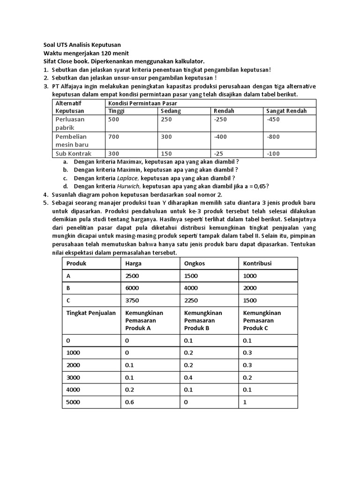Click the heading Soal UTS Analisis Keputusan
(82, 45)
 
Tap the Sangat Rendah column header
(286, 111)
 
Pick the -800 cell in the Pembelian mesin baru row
(273, 136)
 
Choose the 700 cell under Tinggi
(114, 136)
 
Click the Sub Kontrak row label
(74, 153)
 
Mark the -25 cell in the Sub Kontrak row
(219, 153)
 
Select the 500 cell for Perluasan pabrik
(114, 120)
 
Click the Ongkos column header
(195, 263)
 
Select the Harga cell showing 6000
(132, 288)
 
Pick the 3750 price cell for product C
(132, 300)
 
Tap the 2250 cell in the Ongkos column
(191, 300)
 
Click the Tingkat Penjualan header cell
(91, 313)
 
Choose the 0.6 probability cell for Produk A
(129, 402)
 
